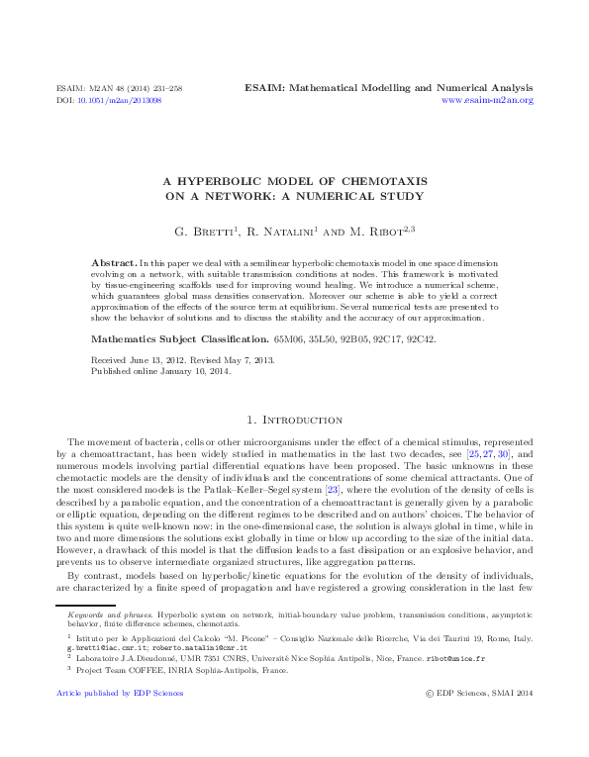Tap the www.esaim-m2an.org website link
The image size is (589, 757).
(x=487, y=101)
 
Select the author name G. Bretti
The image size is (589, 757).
(x=205, y=233)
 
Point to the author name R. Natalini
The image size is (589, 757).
(x=279, y=233)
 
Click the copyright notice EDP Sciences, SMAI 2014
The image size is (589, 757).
(x=485, y=693)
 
